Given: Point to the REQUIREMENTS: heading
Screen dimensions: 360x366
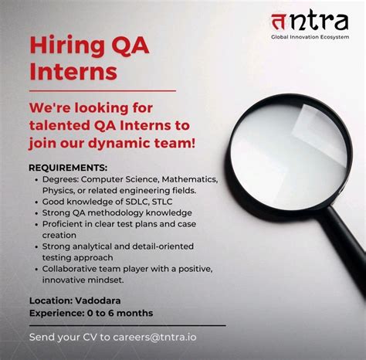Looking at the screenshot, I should (x=68, y=168).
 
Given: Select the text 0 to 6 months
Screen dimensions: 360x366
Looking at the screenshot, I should (x=118, y=313).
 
